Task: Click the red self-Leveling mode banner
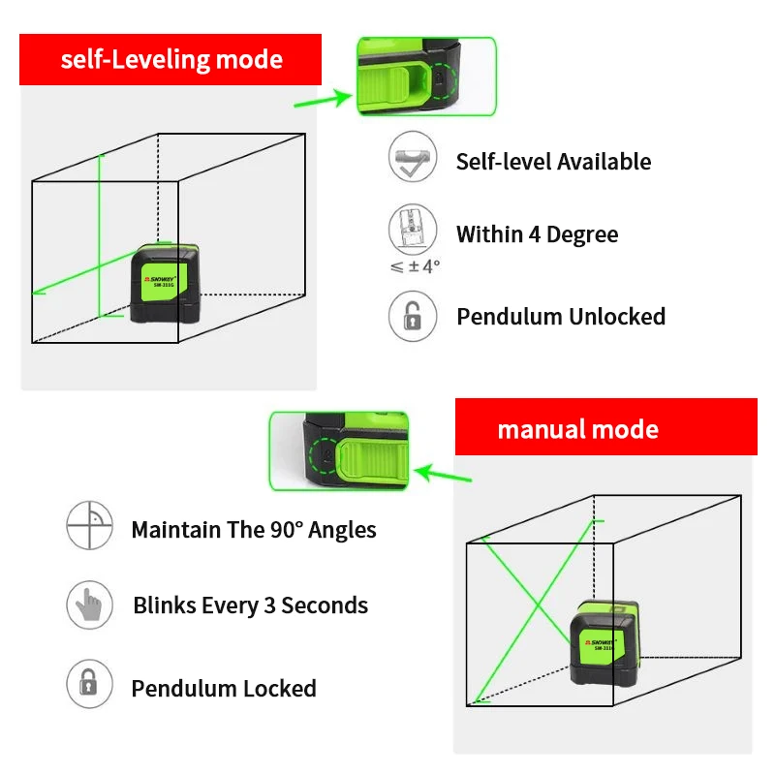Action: click(x=170, y=60)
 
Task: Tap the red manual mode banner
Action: click(x=606, y=428)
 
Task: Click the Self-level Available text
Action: click(x=553, y=162)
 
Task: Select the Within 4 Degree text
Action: click(x=537, y=234)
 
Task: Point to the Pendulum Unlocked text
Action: click(x=561, y=317)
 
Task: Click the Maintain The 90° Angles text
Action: click(x=254, y=530)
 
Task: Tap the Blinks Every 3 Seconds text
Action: click(x=250, y=606)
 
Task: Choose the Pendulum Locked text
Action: click(x=224, y=689)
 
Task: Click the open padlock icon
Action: click(x=413, y=316)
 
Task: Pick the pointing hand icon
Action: click(x=89, y=605)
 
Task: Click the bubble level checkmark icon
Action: click(x=413, y=158)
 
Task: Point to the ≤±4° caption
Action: click(x=415, y=266)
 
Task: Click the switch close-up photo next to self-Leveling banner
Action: click(x=426, y=77)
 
